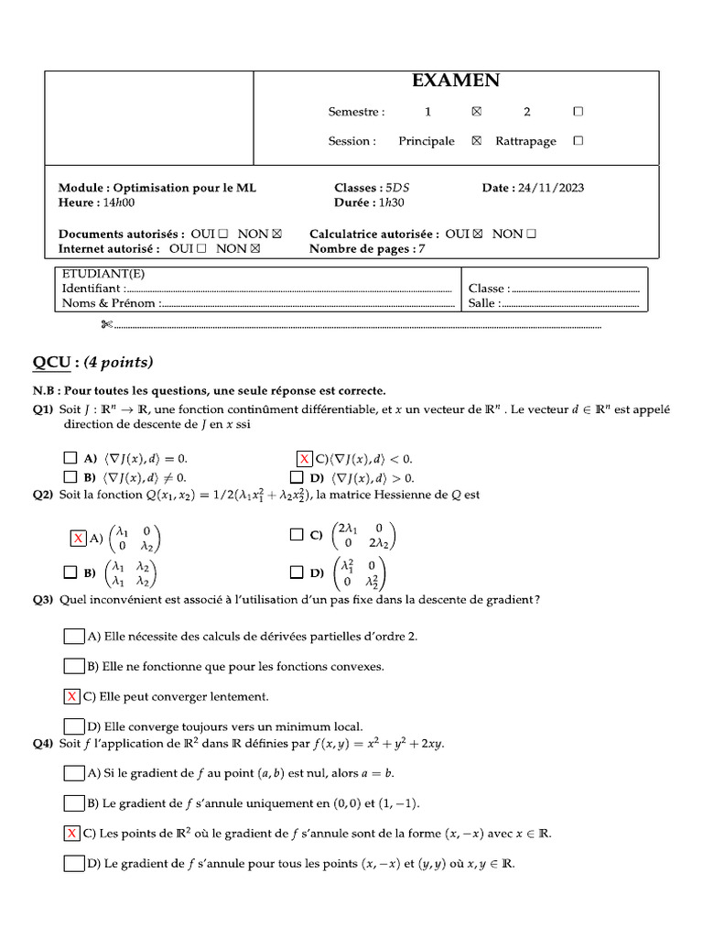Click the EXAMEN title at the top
click(456, 81)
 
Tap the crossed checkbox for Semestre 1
click(475, 112)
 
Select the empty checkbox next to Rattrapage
click(577, 141)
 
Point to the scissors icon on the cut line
click(106, 324)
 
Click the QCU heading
click(50, 362)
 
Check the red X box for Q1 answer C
click(305, 458)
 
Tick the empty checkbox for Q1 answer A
click(70, 457)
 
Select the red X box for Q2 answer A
click(79, 538)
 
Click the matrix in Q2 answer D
click(361, 574)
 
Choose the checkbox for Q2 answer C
click(296, 534)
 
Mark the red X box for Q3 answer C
click(72, 697)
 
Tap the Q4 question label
click(43, 744)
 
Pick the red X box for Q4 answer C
click(72, 833)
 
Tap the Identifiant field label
click(91, 289)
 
